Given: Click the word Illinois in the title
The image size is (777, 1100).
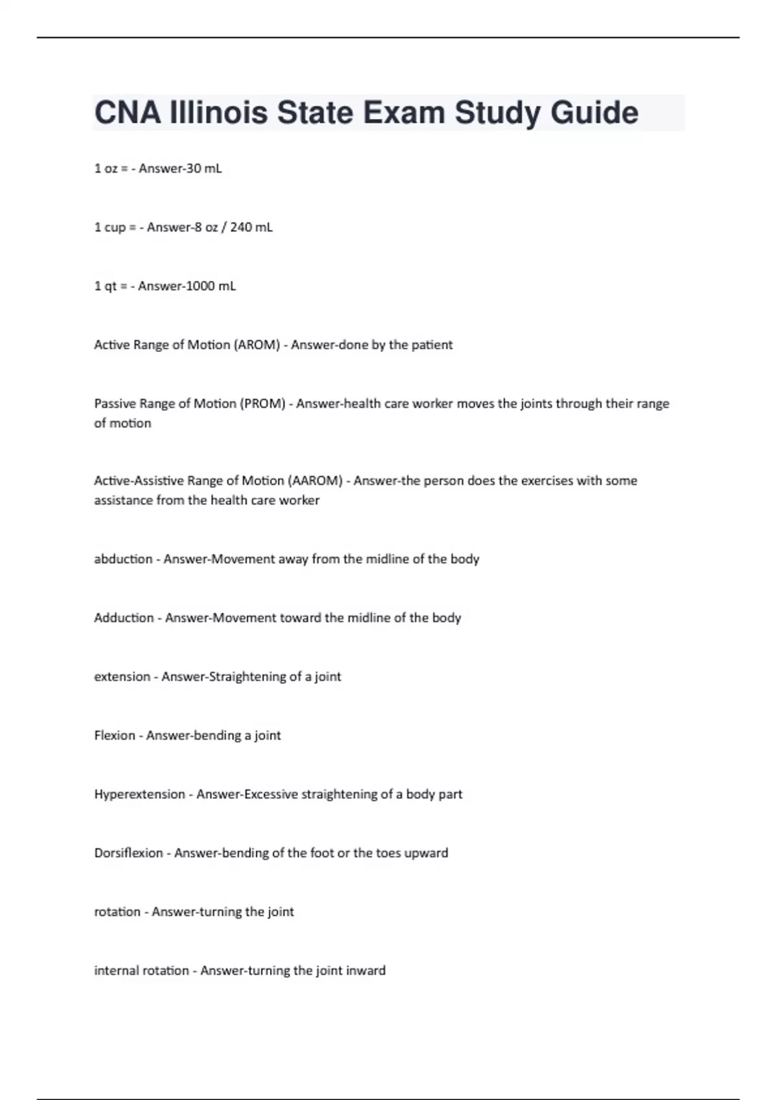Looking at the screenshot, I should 218,113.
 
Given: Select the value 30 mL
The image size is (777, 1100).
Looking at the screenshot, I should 203,169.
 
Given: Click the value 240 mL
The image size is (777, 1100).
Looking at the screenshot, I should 251,228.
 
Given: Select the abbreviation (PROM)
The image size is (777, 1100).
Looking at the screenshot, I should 262,404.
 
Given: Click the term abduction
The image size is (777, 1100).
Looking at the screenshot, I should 123,559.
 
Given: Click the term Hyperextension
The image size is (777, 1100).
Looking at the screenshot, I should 139,795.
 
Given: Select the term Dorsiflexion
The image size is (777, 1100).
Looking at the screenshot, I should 128,853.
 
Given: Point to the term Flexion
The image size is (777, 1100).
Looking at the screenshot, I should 114,736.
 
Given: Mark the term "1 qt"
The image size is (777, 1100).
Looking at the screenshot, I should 106,287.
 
